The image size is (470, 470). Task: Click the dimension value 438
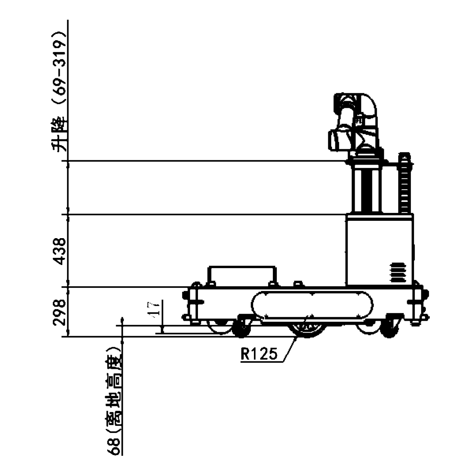pos(59,251)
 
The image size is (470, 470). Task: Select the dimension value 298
pos(59,312)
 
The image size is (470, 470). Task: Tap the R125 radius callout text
pos(259,354)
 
